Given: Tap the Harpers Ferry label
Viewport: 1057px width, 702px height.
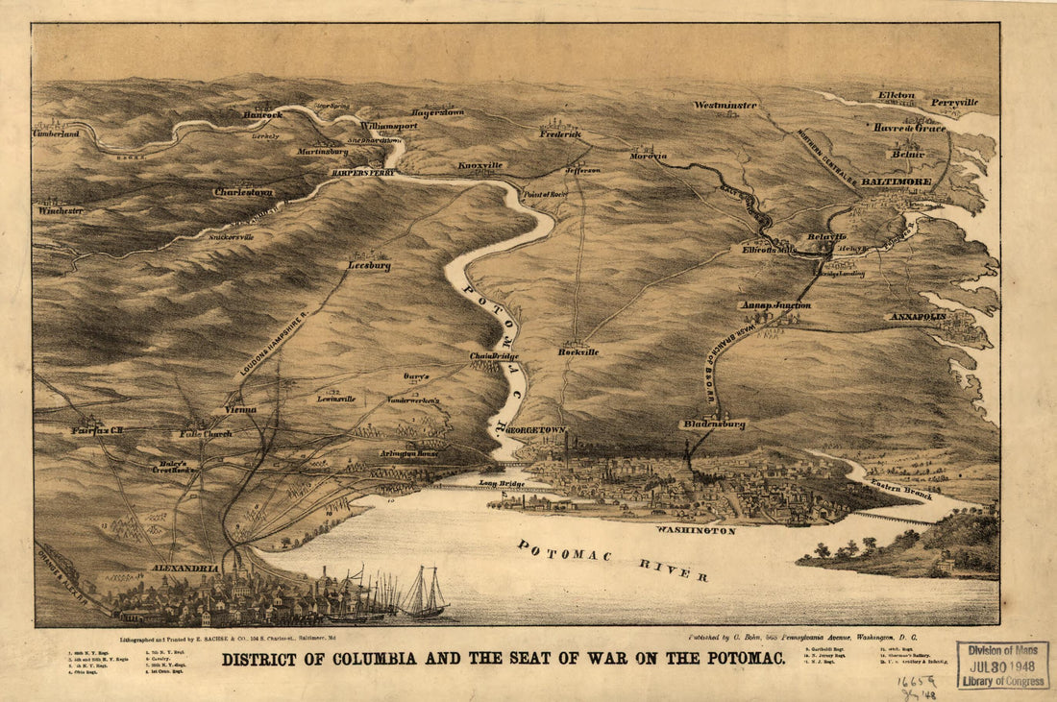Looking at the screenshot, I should coord(362,173).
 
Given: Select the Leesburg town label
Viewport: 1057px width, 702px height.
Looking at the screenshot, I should coord(369,266).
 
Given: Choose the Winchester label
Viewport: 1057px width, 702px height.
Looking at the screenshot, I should coord(61,209).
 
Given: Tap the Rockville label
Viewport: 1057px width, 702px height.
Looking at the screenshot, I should coord(578,351).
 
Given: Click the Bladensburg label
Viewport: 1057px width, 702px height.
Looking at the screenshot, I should coord(713,424).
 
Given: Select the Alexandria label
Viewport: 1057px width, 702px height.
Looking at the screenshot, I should coord(185,569).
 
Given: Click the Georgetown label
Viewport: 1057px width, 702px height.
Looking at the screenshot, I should coord(534,431).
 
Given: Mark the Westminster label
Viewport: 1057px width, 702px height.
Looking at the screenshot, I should coord(725,105).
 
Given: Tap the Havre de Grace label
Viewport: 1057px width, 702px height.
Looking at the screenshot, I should coord(909,127).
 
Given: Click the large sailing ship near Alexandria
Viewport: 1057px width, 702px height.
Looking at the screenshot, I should coord(423,593).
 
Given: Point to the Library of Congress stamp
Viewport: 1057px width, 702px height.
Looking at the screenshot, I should coord(1002,665).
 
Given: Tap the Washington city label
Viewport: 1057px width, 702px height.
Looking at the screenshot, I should coord(696,530).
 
